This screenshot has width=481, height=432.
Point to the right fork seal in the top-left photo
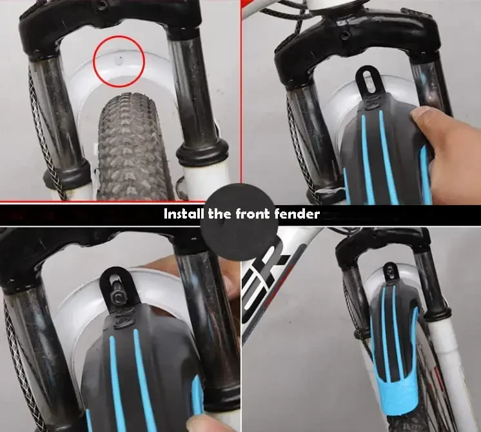pyautogui.click(x=202, y=153)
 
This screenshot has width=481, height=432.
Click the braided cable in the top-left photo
pyautogui.click(x=39, y=129)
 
